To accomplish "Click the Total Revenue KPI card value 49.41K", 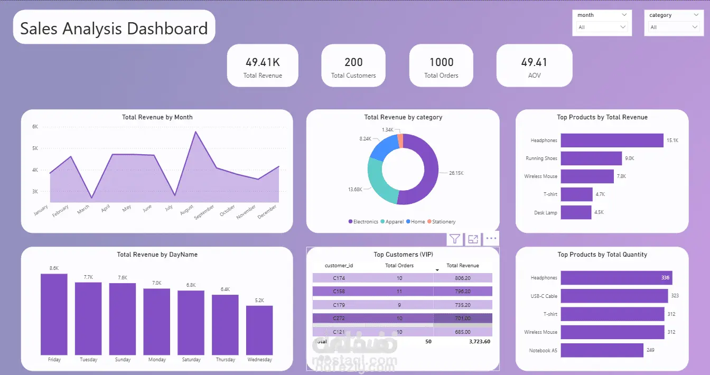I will point(263,62).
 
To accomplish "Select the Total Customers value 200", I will point(353,62).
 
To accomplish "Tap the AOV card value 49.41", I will point(534,62).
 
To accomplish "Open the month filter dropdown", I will point(602,27).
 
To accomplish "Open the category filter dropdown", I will point(674,27).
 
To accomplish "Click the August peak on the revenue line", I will point(195,132).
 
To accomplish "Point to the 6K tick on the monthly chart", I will point(35,127).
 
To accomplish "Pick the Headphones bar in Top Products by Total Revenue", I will point(611,140).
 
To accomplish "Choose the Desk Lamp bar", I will point(576,212).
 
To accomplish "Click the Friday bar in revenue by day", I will point(54,314).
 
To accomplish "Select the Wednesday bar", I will point(259,330).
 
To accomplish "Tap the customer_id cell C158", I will point(339,291).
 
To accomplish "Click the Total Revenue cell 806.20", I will point(462,277).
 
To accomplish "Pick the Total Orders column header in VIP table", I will point(399,266).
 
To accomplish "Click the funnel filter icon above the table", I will point(454,239).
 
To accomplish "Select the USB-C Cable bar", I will point(614,296).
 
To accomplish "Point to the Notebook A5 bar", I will point(602,350).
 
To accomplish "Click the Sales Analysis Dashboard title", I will point(114,28).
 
